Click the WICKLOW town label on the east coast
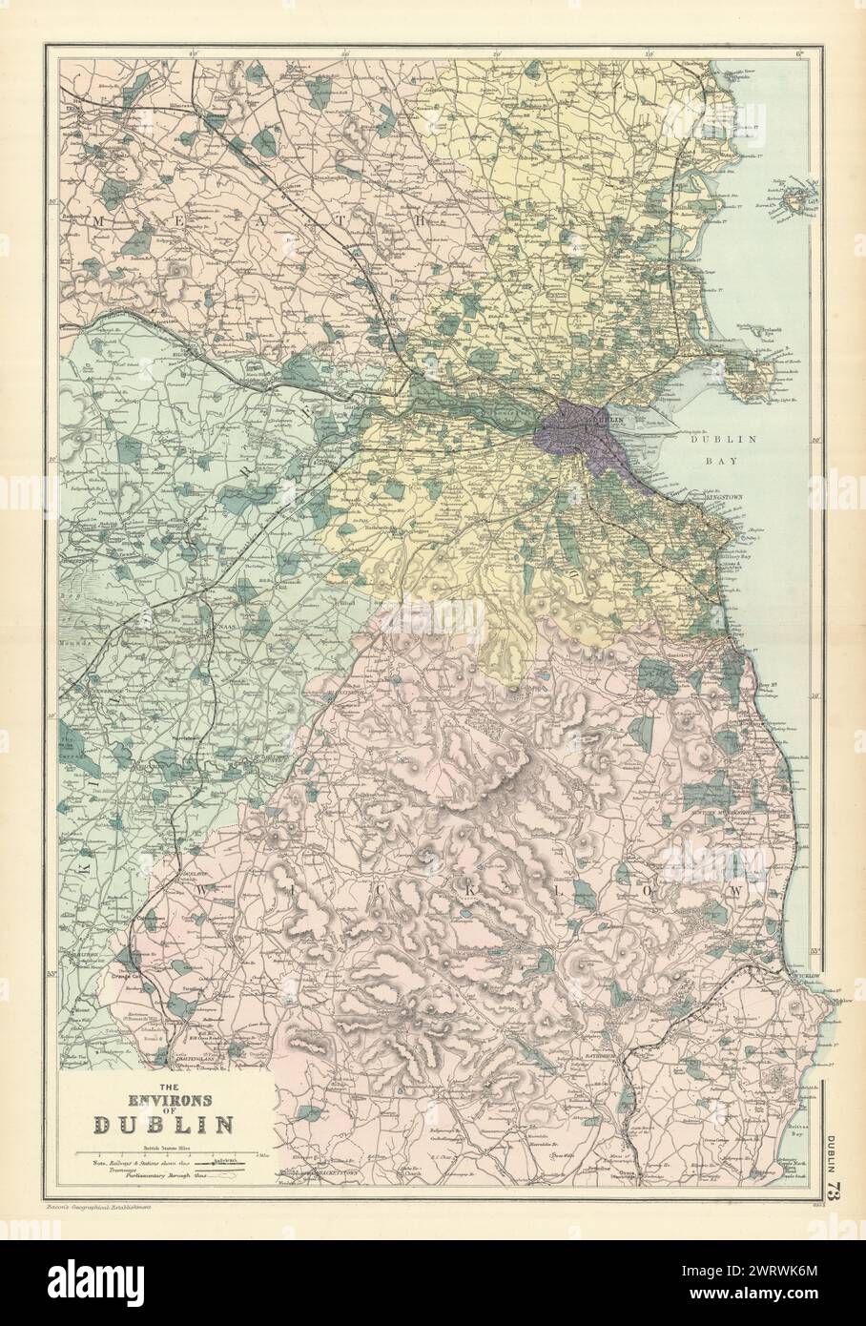point(811,976)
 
